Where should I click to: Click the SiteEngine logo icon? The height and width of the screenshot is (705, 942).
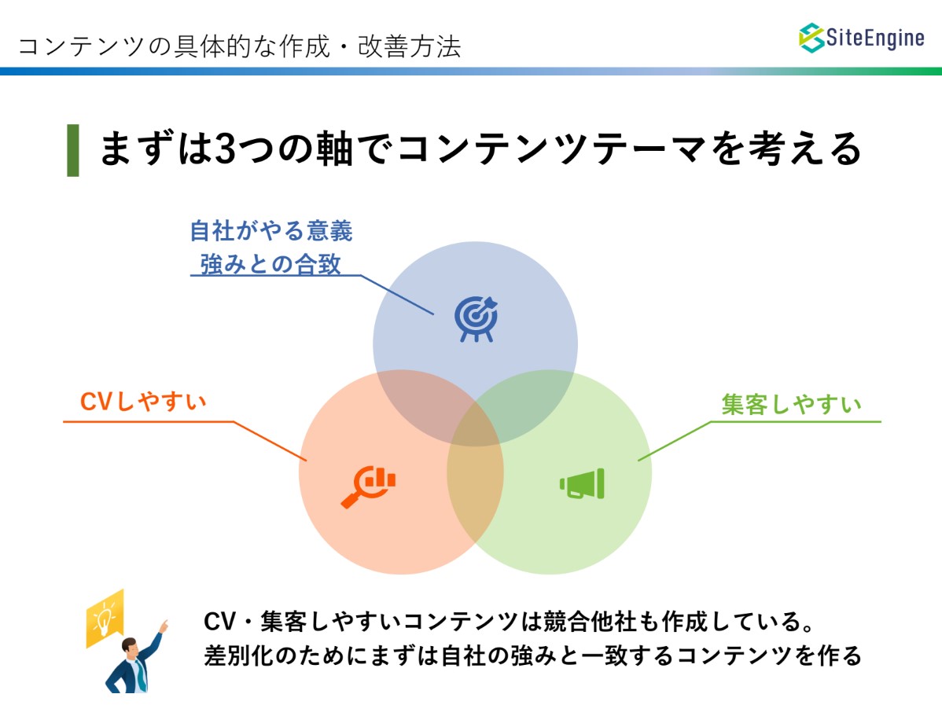click(x=811, y=38)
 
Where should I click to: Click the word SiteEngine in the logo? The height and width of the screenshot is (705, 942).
click(x=874, y=38)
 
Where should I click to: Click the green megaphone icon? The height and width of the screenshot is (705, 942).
click(x=582, y=484)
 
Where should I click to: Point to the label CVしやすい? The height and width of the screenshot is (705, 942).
click(x=143, y=402)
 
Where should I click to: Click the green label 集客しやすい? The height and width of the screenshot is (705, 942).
click(x=791, y=404)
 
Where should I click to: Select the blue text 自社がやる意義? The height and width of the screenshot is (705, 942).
click(x=271, y=231)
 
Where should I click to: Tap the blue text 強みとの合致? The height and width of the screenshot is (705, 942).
click(x=270, y=264)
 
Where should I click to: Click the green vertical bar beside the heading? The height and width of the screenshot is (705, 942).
click(x=72, y=150)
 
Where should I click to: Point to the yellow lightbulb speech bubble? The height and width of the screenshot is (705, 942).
click(x=105, y=619)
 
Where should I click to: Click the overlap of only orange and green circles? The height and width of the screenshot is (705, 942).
click(x=475, y=493)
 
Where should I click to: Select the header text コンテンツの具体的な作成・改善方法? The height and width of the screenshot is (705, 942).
click(x=239, y=46)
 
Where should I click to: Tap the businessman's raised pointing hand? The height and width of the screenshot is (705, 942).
click(x=163, y=626)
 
